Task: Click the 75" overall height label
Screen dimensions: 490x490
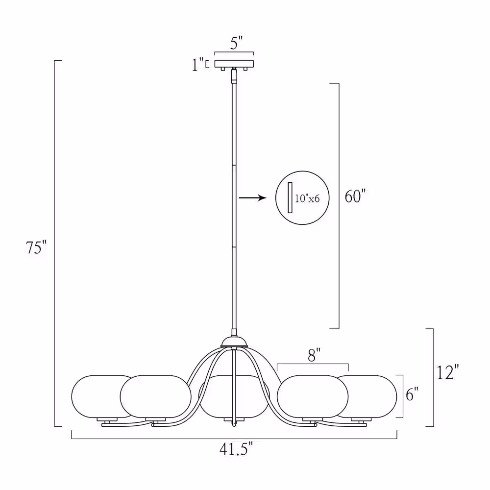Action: pos(36,247)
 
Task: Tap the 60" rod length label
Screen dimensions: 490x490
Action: pos(355,196)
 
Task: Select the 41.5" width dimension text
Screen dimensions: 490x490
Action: pos(236,449)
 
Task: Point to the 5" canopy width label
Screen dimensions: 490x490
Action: pos(236,43)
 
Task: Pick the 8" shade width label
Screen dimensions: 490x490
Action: pos(314,355)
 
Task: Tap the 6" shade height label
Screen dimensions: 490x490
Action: pos(412,394)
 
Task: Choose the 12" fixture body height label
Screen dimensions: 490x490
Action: pos(447,372)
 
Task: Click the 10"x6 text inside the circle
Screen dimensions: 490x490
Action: pos(307,198)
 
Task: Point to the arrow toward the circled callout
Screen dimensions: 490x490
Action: pos(252,197)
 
